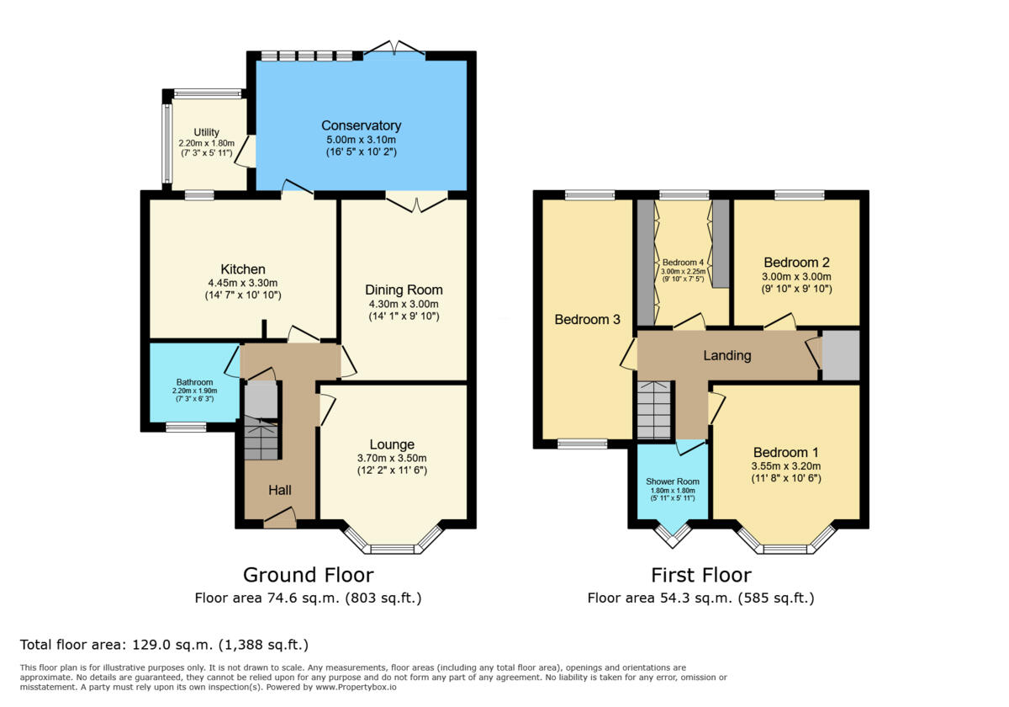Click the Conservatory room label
pyautogui.click(x=361, y=126)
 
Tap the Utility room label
pyautogui.click(x=206, y=132)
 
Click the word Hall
pyautogui.click(x=280, y=489)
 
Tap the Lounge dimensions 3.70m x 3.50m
pyautogui.click(x=392, y=458)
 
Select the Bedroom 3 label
pyautogui.click(x=587, y=320)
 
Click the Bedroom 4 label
pyautogui.click(x=681, y=262)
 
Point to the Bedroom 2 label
pyautogui.click(x=797, y=262)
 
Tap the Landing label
pyautogui.click(x=726, y=355)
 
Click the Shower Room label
pyautogui.click(x=673, y=481)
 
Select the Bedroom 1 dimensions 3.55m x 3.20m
pyautogui.click(x=786, y=465)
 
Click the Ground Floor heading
pyautogui.click(x=308, y=575)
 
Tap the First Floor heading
pyautogui.click(x=700, y=575)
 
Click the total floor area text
pyautogui.click(x=164, y=646)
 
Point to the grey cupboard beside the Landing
pyautogui.click(x=840, y=354)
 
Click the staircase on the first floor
pyautogui.click(x=655, y=410)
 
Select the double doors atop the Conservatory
pyautogui.click(x=394, y=48)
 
